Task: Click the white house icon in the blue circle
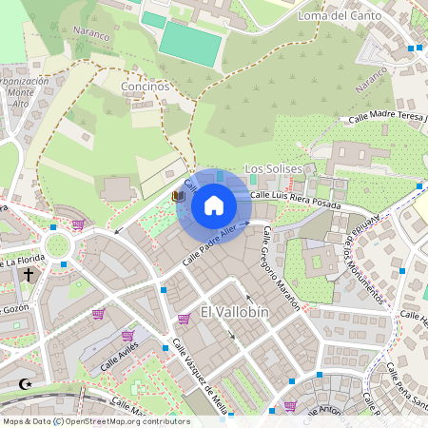click(214, 205)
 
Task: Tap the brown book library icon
click(177, 196)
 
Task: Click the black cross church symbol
click(29, 275)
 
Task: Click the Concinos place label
click(145, 86)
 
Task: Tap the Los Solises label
click(273, 168)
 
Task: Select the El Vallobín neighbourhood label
click(235, 312)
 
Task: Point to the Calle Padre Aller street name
click(210, 243)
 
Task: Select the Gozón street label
click(13, 309)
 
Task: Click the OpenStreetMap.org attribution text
click(126, 421)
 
